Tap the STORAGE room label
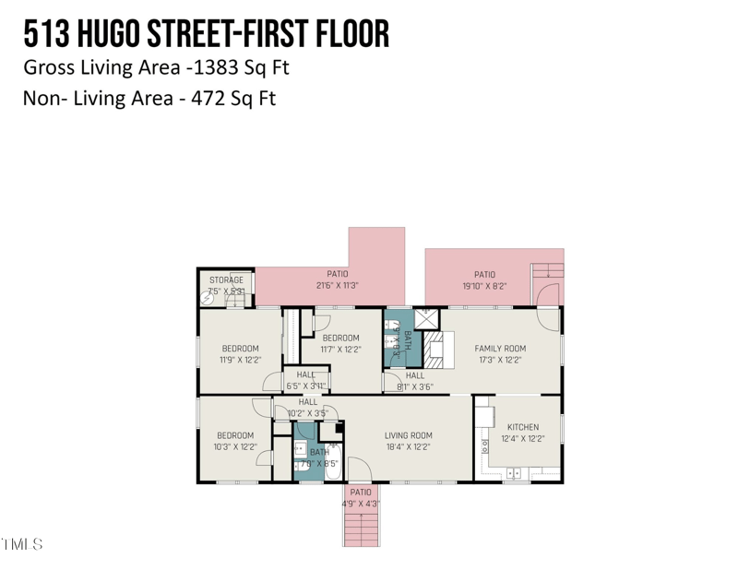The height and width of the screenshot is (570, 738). (226, 279)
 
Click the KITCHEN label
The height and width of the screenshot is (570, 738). (522, 427)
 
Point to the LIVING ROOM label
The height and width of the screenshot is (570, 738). (408, 435)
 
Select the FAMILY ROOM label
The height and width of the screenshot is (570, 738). (499, 348)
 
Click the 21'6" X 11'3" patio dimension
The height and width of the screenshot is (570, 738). (337, 286)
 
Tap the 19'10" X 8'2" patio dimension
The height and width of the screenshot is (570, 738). (484, 286)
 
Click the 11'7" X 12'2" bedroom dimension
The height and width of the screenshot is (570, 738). (340, 350)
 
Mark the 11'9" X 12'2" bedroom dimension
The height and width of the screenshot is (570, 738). (240, 360)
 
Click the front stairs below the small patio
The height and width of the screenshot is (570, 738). (361, 528)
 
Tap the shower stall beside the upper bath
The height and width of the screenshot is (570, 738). (425, 319)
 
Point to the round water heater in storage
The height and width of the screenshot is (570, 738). (208, 298)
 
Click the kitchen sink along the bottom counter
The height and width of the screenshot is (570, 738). (514, 474)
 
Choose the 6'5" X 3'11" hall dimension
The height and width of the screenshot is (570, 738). (306, 386)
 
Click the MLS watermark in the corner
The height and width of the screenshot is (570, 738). (22, 544)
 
